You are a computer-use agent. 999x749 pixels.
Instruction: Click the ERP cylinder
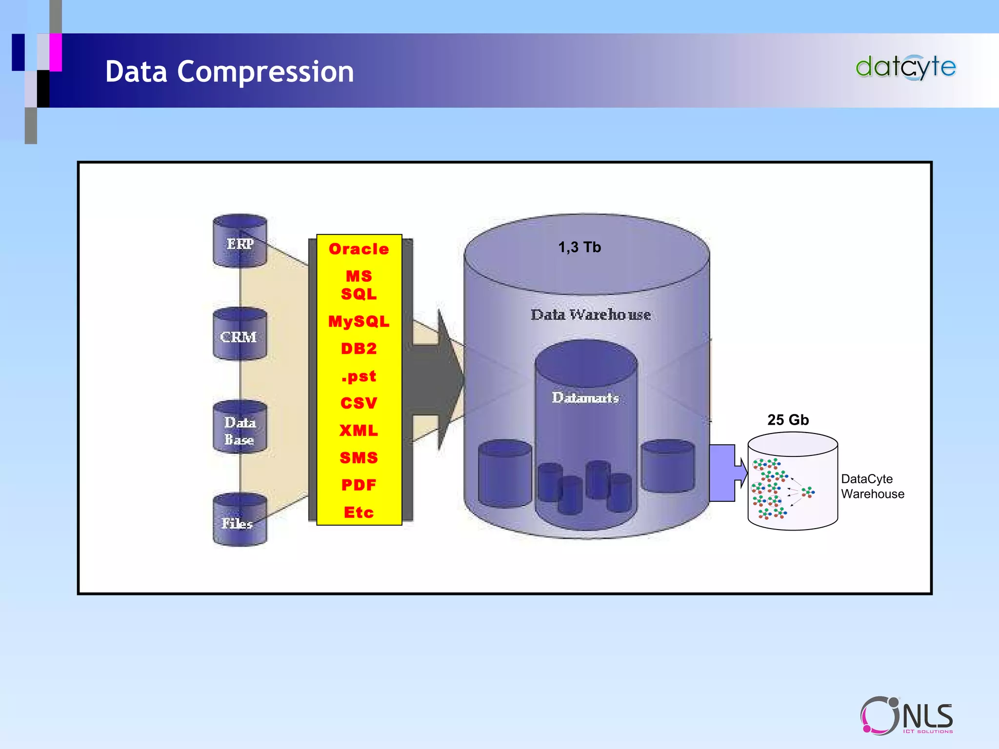pos(240,241)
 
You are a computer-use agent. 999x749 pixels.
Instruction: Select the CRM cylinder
pos(240,335)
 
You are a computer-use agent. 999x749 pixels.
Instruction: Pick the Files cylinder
pos(240,521)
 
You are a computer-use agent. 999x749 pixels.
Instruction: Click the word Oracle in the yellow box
pos(359,249)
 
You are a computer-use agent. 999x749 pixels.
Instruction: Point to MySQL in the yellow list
pos(359,322)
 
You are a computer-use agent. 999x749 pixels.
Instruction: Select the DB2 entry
pos(359,349)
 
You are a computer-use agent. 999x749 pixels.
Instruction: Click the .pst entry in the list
pos(359,376)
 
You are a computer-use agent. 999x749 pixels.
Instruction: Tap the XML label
pos(359,431)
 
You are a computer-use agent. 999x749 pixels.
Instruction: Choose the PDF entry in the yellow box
pos(359,485)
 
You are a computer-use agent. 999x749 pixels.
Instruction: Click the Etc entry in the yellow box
pos(359,512)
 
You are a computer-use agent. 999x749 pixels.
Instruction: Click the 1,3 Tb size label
pos(579,247)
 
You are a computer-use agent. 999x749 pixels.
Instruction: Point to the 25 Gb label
pos(788,420)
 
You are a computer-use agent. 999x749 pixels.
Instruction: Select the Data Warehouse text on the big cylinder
pos(590,315)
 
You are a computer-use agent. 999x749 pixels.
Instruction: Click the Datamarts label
pos(585,398)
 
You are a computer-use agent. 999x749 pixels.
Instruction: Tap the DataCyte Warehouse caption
pos(872,486)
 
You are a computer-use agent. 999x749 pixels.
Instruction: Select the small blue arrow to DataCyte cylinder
pos(727,473)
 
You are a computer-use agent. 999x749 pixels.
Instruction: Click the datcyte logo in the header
pos(905,67)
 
